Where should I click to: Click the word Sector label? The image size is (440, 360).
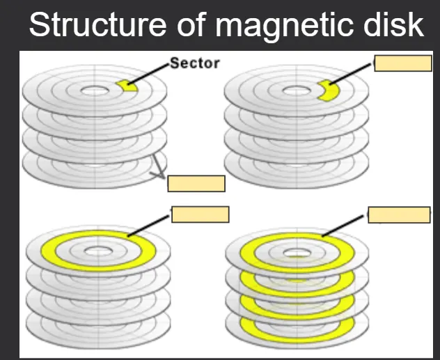(x=195, y=63)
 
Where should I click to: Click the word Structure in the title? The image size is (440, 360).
(x=93, y=26)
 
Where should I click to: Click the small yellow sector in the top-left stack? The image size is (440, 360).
(x=125, y=84)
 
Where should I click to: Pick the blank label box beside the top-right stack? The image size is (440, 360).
(x=403, y=63)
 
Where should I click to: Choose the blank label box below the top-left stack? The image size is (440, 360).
(x=196, y=183)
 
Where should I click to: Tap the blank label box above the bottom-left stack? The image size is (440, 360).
(x=200, y=214)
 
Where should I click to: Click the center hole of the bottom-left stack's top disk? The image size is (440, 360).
(x=97, y=249)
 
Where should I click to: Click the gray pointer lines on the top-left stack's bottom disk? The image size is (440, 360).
(x=161, y=167)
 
